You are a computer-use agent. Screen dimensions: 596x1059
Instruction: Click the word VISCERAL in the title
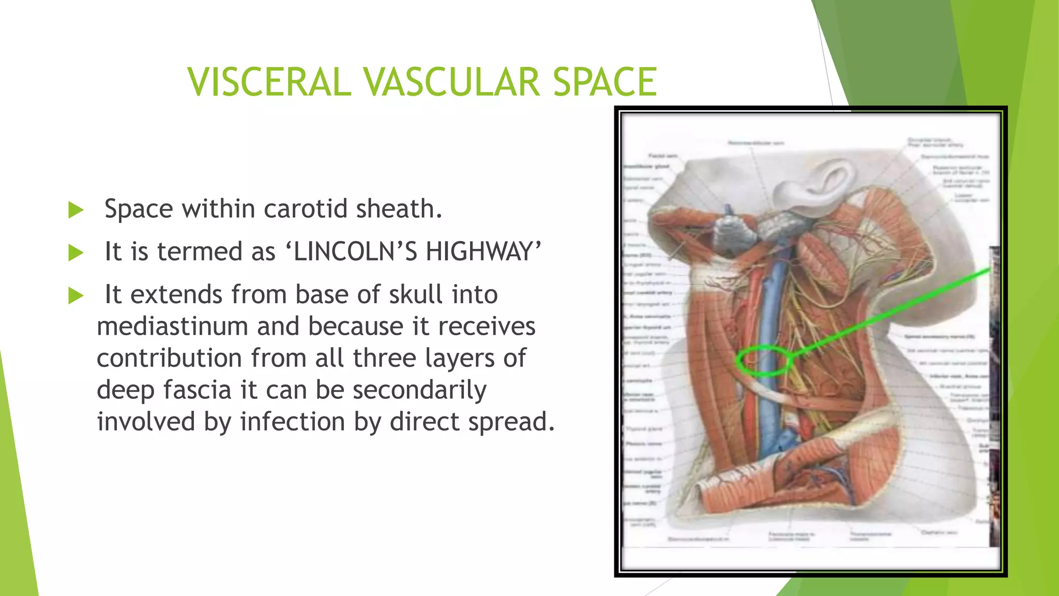pos(269,82)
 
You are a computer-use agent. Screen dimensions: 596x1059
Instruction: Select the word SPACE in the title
pos(604,82)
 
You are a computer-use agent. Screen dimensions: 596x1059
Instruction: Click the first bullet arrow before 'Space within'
pos(76,210)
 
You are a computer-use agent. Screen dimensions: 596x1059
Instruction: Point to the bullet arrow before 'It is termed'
pos(76,253)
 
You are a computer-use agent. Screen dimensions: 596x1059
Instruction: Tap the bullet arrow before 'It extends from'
pos(76,296)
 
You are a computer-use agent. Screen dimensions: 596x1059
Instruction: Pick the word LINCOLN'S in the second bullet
pos(355,252)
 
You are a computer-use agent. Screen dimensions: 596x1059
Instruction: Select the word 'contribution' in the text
pos(169,358)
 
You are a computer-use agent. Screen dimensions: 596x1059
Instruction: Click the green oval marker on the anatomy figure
pos(764,360)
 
